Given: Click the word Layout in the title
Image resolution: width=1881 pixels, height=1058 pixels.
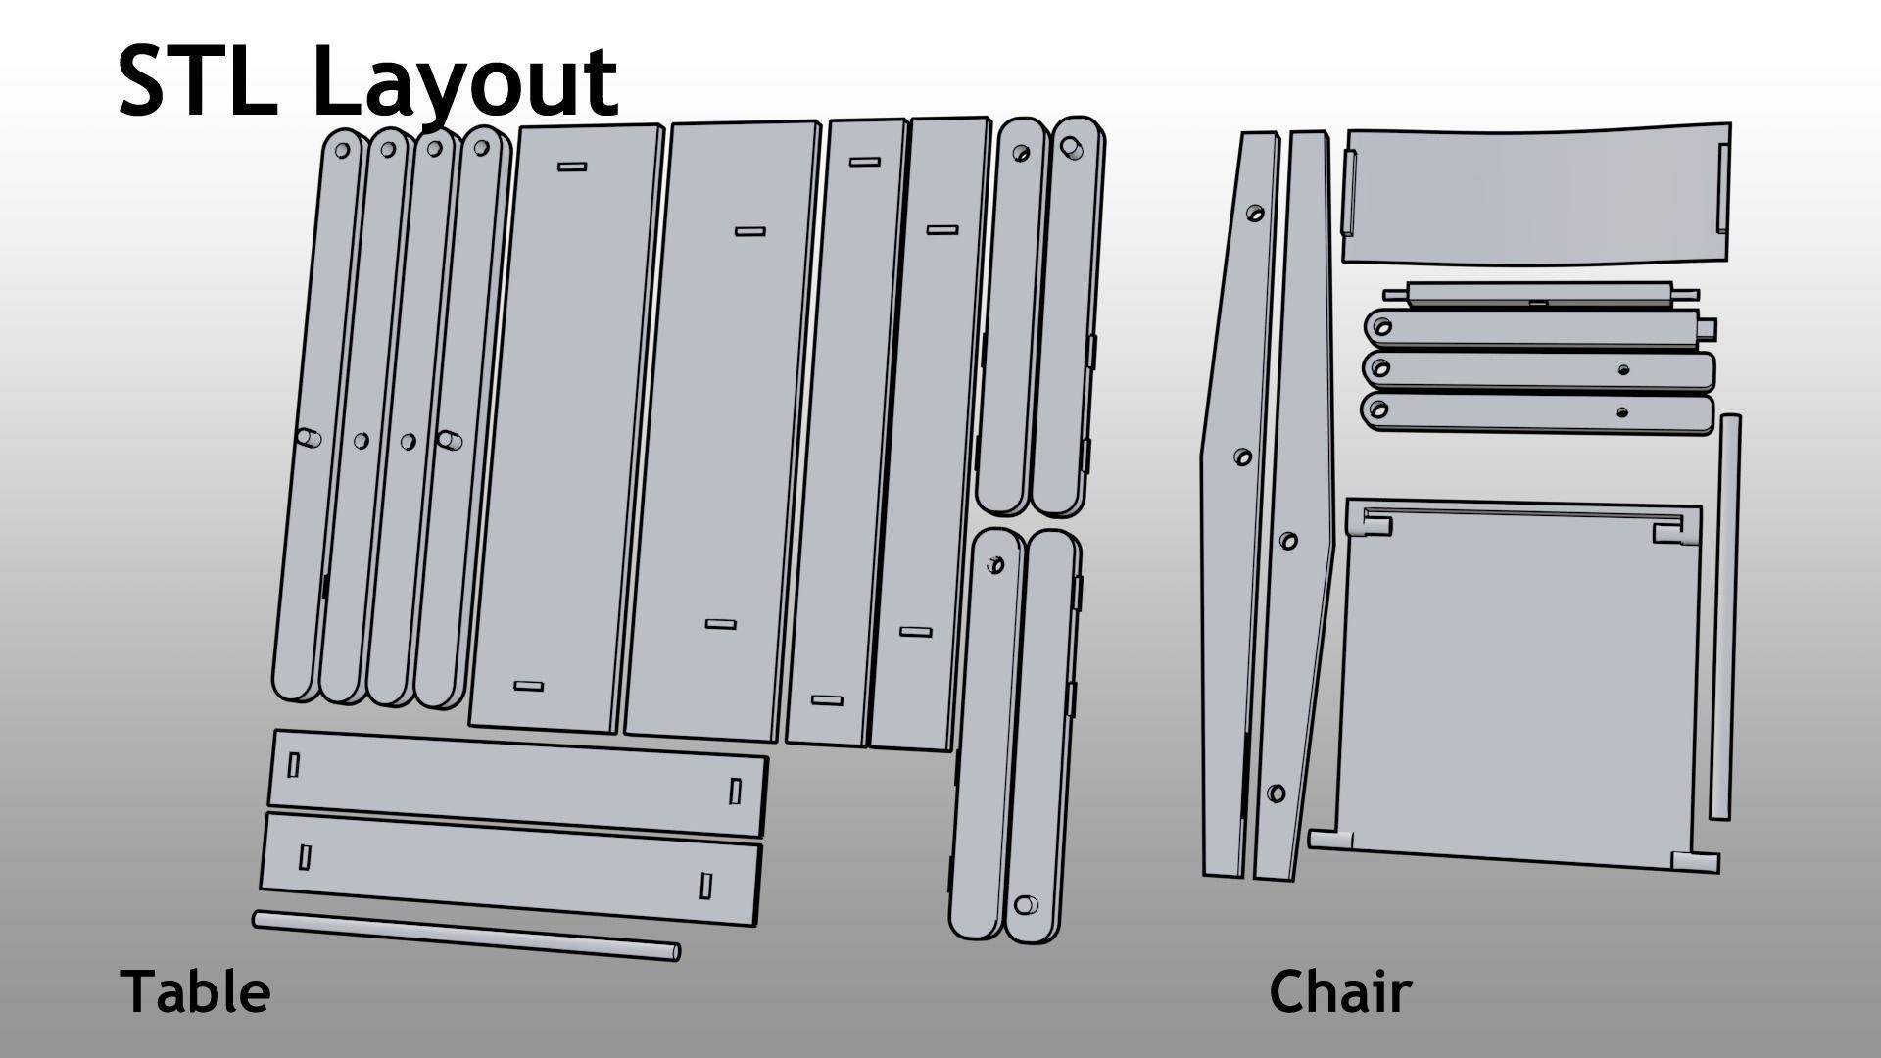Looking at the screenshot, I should tap(465, 83).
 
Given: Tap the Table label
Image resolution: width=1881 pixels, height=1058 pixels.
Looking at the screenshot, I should tap(195, 991).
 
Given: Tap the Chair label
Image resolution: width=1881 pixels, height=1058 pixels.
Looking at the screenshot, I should tap(1339, 991).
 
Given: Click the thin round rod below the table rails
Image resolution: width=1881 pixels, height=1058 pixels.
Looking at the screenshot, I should tap(465, 935).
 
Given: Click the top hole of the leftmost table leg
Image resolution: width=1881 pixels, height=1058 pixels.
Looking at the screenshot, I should tap(343, 151).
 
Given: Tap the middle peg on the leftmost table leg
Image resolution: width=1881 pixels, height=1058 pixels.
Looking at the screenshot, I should tap(308, 438).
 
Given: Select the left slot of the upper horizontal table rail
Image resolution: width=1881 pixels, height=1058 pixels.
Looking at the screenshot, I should tap(293, 765).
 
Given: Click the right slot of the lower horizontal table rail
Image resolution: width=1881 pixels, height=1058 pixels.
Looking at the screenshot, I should tap(705, 886).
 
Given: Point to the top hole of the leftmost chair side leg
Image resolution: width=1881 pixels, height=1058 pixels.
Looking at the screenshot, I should tap(1255, 213).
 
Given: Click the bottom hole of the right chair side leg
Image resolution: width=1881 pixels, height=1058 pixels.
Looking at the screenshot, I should tap(1276, 793).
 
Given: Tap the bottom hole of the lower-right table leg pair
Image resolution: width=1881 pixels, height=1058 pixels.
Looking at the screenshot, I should tap(1026, 904).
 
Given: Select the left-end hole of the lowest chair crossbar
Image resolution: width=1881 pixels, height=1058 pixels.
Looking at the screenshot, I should tap(1379, 408).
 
